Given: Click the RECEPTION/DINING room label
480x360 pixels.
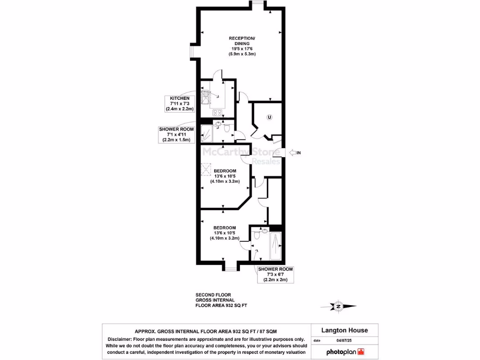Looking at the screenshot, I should pyautogui.click(x=242, y=46).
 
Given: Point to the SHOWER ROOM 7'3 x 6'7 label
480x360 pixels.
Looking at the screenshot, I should pyautogui.click(x=276, y=274).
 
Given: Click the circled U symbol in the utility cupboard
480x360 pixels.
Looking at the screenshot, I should pyautogui.click(x=269, y=117).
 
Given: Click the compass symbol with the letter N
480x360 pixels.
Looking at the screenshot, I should pyautogui.click(x=338, y=306).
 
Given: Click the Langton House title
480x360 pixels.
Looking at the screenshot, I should pyautogui.click(x=345, y=330).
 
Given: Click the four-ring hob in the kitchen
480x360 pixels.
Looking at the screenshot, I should pyautogui.click(x=217, y=112).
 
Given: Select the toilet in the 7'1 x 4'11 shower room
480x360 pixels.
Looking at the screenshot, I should pyautogui.click(x=227, y=129).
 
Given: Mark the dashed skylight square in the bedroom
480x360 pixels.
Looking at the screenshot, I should pyautogui.click(x=207, y=168).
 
